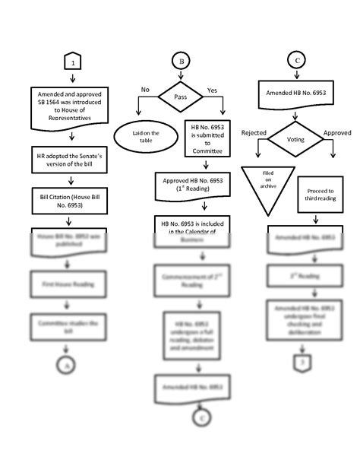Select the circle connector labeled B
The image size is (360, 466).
pyautogui.click(x=181, y=61)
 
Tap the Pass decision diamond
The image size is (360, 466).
pyautogui.click(x=180, y=98)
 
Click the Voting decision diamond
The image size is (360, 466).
pyautogui.click(x=295, y=139)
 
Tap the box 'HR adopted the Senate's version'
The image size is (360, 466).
pyautogui.click(x=71, y=159)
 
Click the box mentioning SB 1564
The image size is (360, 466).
pyautogui.click(x=71, y=106)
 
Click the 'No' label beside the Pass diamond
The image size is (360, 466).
pyautogui.click(x=145, y=90)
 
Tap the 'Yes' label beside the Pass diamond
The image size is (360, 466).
pyautogui.click(x=212, y=90)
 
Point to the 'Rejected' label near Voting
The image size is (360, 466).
pyautogui.click(x=254, y=133)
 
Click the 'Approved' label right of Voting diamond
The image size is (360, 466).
pyautogui.click(x=337, y=133)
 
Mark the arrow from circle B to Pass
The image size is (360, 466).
pyautogui.click(x=181, y=76)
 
